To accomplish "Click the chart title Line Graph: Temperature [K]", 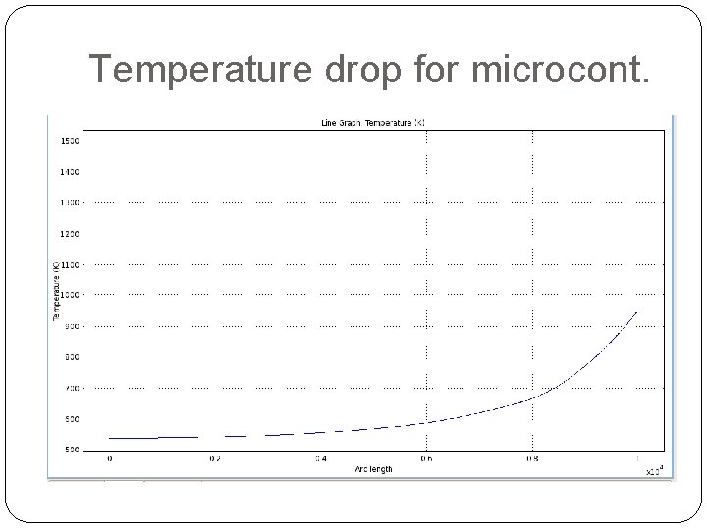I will [x=373, y=123].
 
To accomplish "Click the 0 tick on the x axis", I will [x=109, y=458].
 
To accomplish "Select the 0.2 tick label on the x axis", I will [x=214, y=458].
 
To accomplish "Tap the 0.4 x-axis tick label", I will [x=320, y=458].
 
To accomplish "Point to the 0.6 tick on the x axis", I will [x=426, y=458].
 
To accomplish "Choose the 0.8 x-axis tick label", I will [x=532, y=458].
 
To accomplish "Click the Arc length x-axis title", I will [x=372, y=469].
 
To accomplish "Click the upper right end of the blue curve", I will [x=637, y=311].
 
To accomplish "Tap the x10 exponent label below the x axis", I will [x=654, y=470].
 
